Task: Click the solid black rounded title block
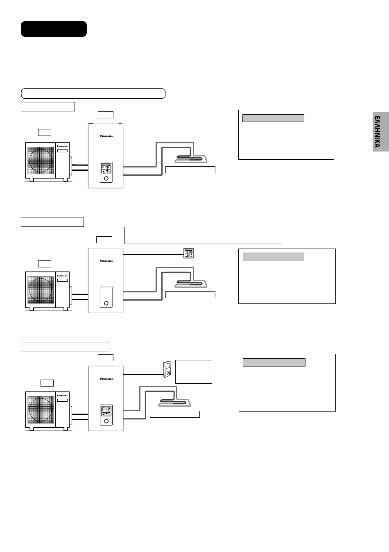54,29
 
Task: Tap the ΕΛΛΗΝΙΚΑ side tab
381,132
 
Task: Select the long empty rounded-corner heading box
93,94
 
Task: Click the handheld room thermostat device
167,369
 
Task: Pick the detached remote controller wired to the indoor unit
188,253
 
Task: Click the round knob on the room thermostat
169,373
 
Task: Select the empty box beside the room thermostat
194,371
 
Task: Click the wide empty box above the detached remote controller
203,235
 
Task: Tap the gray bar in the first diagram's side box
273,118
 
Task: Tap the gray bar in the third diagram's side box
274,362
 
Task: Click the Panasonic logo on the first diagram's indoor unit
106,136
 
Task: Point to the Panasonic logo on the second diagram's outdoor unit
62,276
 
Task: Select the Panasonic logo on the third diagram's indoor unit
106,379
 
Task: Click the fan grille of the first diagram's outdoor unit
41,161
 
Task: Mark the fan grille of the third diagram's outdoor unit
41,410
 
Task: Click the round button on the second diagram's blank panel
106,303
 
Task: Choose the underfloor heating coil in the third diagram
174,403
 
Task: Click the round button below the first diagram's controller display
106,179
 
